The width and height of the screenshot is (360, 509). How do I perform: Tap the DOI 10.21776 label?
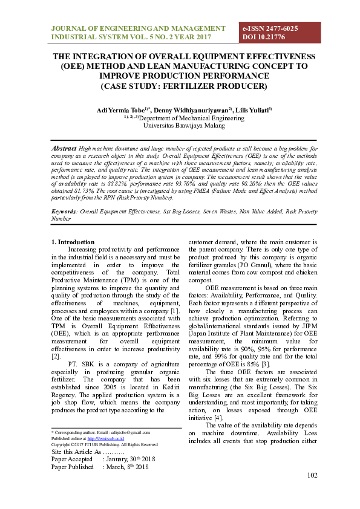[264, 37]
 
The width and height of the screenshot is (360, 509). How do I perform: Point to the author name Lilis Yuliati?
[239, 110]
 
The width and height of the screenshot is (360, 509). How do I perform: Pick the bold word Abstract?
[64, 148]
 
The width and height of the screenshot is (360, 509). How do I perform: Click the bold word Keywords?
[64, 212]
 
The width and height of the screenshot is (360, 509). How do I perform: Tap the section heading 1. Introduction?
[73, 242]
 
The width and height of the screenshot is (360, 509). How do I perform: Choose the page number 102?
[312, 475]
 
